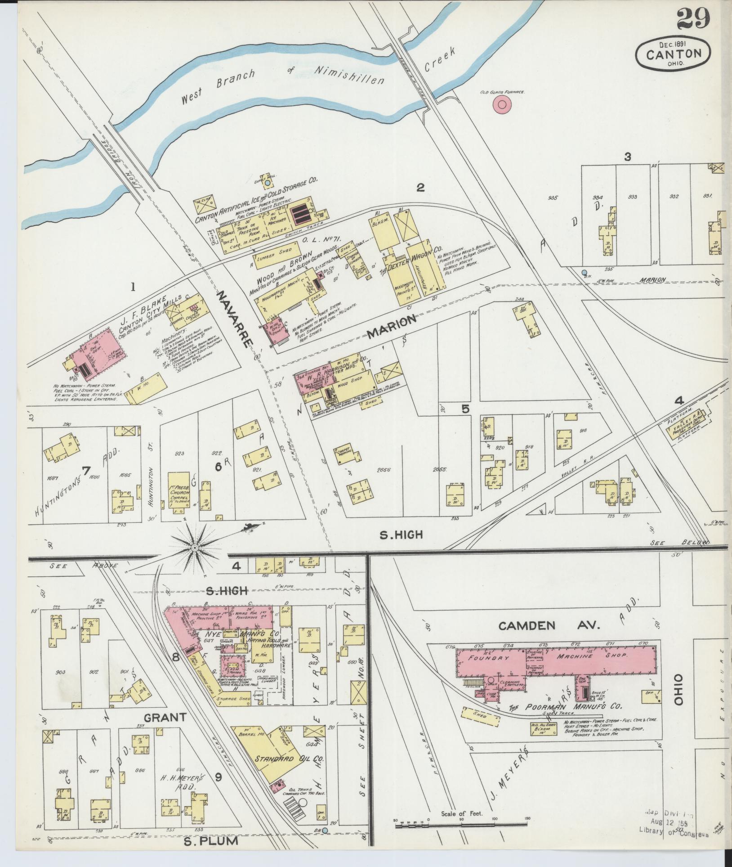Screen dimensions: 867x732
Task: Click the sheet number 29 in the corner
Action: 693,19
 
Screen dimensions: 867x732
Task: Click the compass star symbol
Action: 194,548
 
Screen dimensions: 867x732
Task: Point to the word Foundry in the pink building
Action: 484,657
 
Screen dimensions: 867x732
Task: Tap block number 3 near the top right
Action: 628,157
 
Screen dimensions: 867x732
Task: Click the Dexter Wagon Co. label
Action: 414,259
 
